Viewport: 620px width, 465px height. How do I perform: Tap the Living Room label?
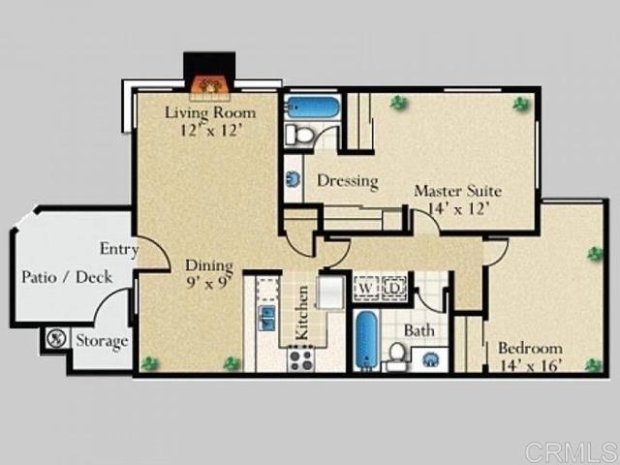click(210, 112)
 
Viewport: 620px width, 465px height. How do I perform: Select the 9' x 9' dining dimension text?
click(209, 282)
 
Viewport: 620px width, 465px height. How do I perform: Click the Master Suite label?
click(458, 191)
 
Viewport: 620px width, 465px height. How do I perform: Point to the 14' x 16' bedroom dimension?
click(531, 366)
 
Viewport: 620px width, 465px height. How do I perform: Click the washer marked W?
click(366, 288)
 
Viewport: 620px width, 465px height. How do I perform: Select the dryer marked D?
click(394, 288)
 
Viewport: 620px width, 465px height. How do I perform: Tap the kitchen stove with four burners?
click(301, 359)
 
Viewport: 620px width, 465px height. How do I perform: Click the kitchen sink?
click(267, 318)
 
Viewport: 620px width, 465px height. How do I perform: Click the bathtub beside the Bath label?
click(366, 341)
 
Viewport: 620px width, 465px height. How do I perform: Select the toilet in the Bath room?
click(397, 355)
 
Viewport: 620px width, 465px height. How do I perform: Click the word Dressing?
click(348, 181)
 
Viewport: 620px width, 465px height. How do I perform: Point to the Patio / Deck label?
click(67, 277)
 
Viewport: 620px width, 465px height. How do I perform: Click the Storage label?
click(102, 341)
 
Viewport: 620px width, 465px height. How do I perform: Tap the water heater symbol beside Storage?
click(56, 338)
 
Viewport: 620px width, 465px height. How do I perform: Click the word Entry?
click(119, 250)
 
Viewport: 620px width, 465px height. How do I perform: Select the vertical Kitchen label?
click(302, 313)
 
